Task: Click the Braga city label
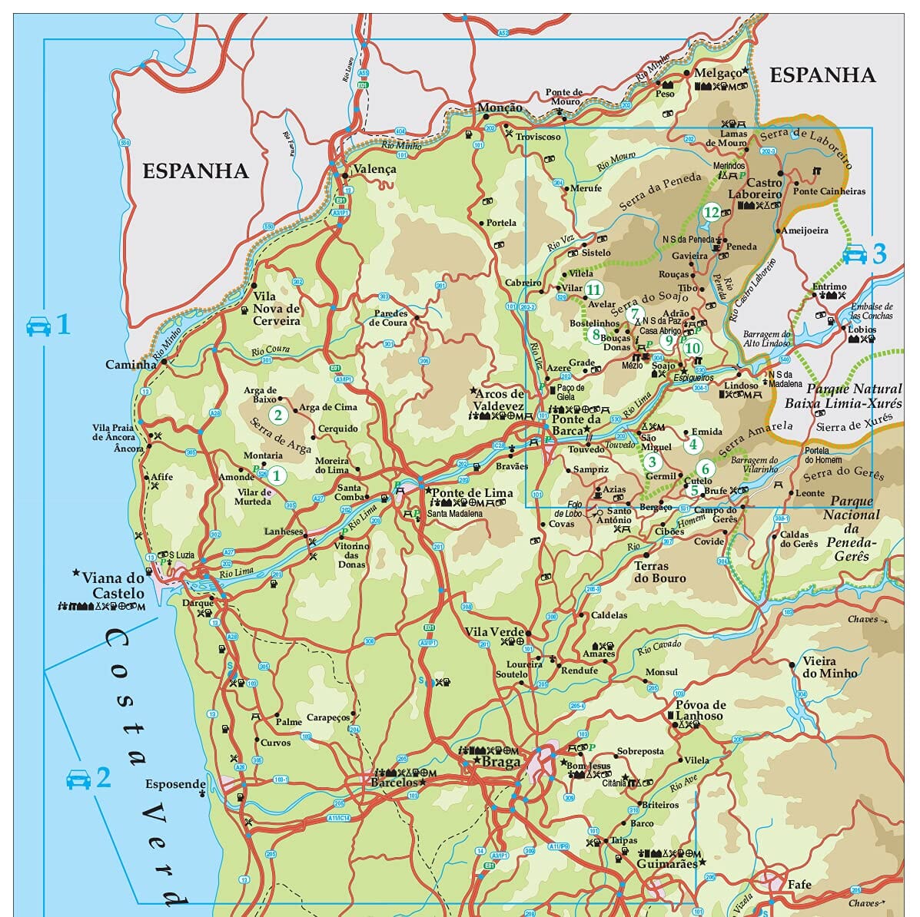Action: pos(500,762)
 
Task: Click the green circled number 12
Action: pos(711,213)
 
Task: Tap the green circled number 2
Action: pos(278,416)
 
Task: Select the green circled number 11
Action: pos(593,290)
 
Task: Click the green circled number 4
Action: pos(693,444)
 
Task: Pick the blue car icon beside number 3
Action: pos(855,254)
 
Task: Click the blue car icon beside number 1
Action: pos(38,326)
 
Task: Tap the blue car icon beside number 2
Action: pos(78,779)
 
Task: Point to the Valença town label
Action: pos(374,169)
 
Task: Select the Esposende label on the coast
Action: pos(175,784)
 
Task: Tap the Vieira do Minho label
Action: pos(829,667)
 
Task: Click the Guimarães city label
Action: pos(666,863)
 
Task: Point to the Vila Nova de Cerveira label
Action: pos(277,309)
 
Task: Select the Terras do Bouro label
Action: pos(659,572)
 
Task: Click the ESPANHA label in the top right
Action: pos(822,74)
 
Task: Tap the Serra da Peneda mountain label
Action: pos(659,192)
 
